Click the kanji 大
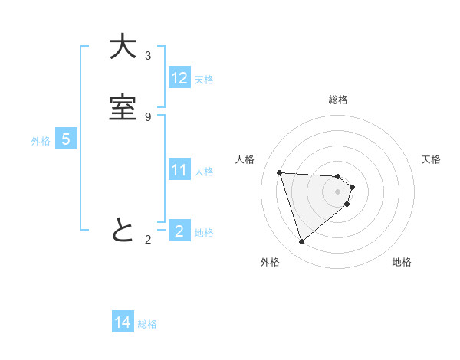tap(123, 48)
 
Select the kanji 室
tap(123, 109)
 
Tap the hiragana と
tap(123, 230)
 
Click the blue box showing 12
tap(179, 78)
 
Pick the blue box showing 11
tap(179, 170)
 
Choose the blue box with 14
tap(123, 322)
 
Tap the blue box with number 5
tap(66, 139)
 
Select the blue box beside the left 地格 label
tap(179, 231)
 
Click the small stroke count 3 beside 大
tap(148, 56)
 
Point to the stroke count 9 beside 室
tap(148, 116)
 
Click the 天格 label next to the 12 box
tap(204, 80)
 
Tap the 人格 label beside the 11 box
tap(204, 172)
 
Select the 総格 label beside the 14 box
tap(147, 324)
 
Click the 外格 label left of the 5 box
tap(41, 141)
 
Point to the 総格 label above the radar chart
tap(338, 100)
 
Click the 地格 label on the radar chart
tap(402, 262)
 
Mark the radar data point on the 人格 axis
tap(280, 172)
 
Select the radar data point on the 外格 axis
tap(301, 241)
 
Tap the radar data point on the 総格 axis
tap(338, 175)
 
